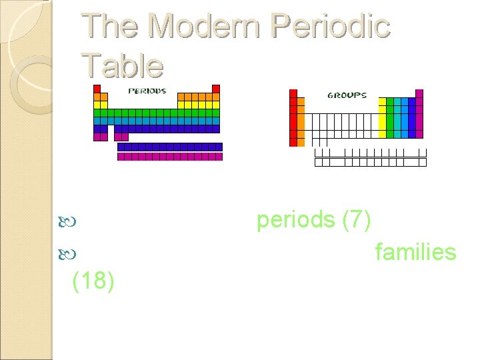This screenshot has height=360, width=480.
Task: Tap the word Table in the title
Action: pyautogui.click(x=122, y=66)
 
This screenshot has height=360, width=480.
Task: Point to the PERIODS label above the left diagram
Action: pyautogui.click(x=147, y=91)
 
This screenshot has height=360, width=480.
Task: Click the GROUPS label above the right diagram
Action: pyautogui.click(x=347, y=95)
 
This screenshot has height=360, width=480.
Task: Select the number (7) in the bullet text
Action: pyautogui.click(x=357, y=219)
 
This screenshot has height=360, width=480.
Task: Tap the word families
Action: pyautogui.click(x=415, y=252)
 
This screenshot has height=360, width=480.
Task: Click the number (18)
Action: pyautogui.click(x=93, y=281)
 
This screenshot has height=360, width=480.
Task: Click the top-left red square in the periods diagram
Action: pyautogui.click(x=97, y=89)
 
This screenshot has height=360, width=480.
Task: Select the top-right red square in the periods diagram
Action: pyautogui.click(x=216, y=89)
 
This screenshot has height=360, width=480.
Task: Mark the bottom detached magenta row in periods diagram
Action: pyautogui.click(x=169, y=157)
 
